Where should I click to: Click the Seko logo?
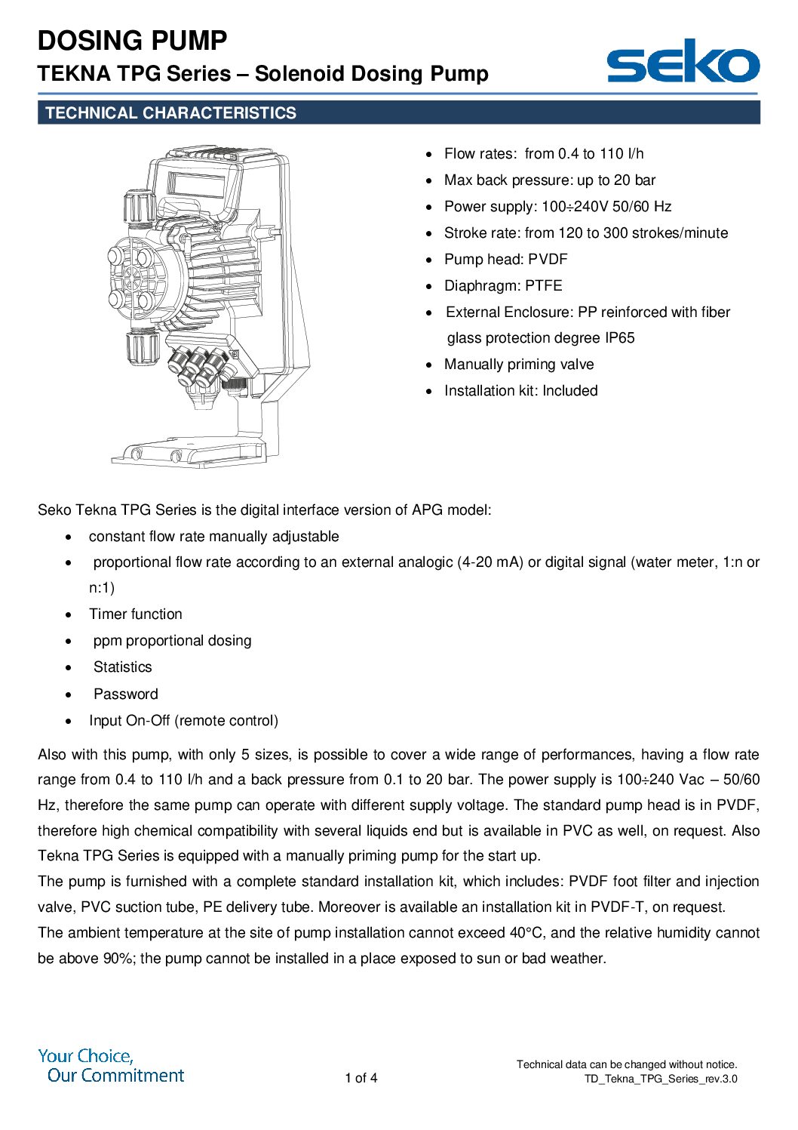coord(683,62)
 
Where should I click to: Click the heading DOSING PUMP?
coord(132,41)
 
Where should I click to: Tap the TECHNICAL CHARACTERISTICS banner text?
coord(170,113)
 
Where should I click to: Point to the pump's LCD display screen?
coord(196,184)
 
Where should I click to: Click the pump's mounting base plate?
coord(189,454)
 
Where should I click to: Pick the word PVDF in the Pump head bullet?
coord(548,260)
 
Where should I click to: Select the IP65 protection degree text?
coord(619,338)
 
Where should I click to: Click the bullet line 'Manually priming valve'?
coord(519,365)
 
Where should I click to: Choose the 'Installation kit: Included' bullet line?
coord(520,391)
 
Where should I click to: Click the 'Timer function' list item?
coord(136,614)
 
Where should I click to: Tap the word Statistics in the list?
coord(122,667)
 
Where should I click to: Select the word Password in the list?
coord(125,694)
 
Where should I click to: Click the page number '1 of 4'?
coord(361,1078)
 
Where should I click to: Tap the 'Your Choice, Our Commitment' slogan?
coord(112,1066)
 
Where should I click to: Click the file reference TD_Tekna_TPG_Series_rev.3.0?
coord(661,1079)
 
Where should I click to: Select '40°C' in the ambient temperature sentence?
coord(528,933)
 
